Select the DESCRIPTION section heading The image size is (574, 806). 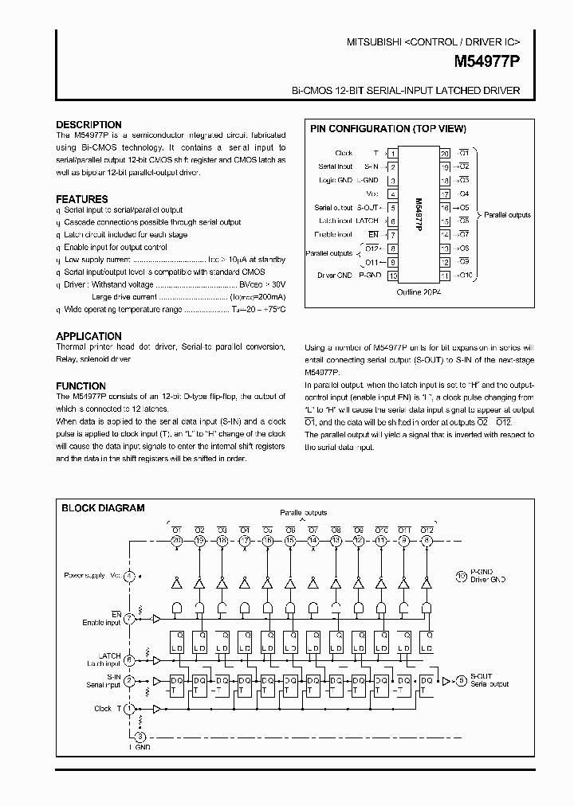(x=88, y=125)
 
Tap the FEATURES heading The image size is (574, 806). (x=82, y=199)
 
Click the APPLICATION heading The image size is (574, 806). (x=88, y=336)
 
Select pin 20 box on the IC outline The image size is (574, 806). (x=445, y=153)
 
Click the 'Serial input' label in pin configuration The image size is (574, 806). (x=335, y=166)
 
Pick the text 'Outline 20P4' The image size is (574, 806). (x=419, y=292)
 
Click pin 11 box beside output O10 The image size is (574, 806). (x=445, y=276)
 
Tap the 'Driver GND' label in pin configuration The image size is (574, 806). (x=335, y=276)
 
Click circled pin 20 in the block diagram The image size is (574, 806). (x=176, y=541)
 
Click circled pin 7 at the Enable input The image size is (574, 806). (x=129, y=618)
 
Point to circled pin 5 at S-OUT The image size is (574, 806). (x=462, y=680)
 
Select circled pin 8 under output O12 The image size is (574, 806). (x=428, y=541)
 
